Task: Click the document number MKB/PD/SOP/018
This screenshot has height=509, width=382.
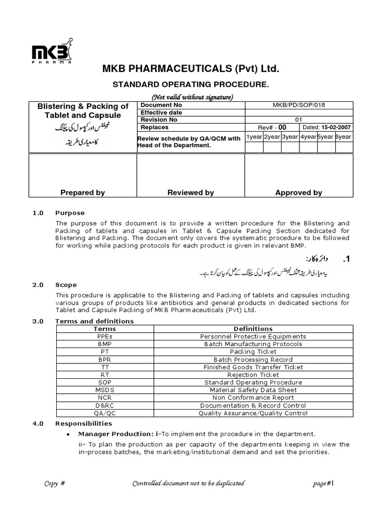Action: point(298,105)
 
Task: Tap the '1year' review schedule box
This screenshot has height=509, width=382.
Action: point(254,137)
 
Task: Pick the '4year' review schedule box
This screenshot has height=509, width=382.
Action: point(308,137)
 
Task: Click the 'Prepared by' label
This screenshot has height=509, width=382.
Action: point(83,193)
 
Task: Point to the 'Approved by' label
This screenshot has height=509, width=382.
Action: point(298,193)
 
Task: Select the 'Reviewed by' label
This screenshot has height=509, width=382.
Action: point(191,193)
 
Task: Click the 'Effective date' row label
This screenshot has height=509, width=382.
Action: point(161,113)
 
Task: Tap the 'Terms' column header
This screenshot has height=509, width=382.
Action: point(104,329)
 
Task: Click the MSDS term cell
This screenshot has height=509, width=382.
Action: point(104,390)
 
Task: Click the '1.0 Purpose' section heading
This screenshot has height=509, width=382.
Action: point(59,213)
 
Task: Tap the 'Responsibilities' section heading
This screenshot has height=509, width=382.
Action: point(84,424)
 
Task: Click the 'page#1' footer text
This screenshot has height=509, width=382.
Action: point(325,484)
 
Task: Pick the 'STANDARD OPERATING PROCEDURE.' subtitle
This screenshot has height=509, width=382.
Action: point(191,85)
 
